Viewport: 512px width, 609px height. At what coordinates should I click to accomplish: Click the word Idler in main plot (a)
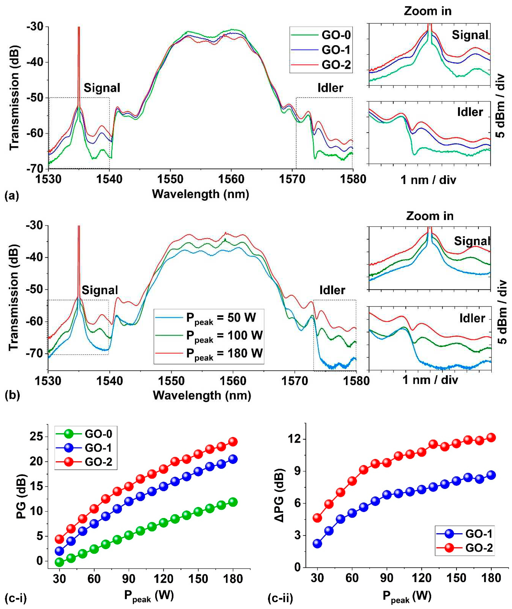click(x=330, y=88)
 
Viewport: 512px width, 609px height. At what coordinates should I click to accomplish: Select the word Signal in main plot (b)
click(x=100, y=290)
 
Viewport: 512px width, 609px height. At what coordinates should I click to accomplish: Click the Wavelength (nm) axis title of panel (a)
click(x=200, y=194)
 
